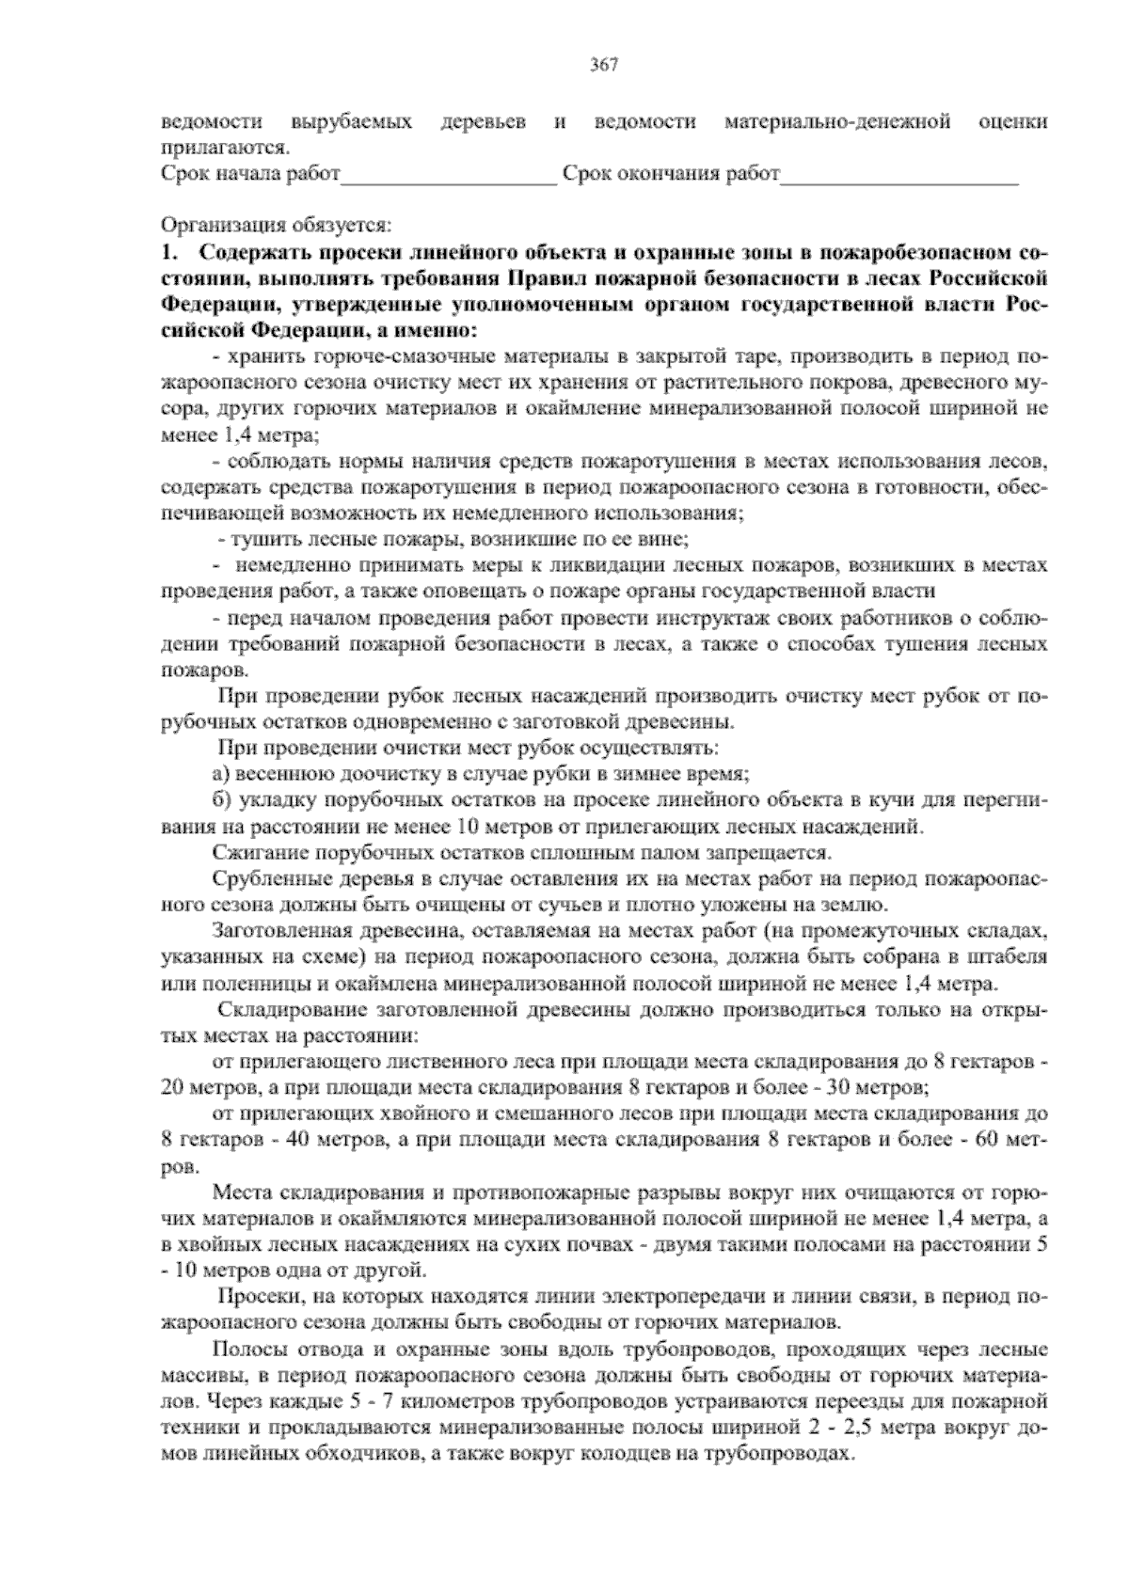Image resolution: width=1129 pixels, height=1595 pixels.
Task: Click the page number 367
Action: (x=604, y=65)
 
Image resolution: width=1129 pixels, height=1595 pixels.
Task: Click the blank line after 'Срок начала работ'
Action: (x=450, y=176)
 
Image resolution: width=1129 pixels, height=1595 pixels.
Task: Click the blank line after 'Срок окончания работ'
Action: (x=899, y=176)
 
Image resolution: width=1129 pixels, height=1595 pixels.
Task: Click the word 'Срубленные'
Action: (x=260, y=880)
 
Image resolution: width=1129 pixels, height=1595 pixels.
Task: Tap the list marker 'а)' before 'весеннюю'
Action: (x=222, y=775)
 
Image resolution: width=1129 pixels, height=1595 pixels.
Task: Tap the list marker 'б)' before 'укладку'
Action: (x=222, y=801)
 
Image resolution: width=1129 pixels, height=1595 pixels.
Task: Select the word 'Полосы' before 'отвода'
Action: (x=245, y=1350)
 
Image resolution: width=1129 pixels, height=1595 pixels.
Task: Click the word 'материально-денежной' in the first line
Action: (x=837, y=122)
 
